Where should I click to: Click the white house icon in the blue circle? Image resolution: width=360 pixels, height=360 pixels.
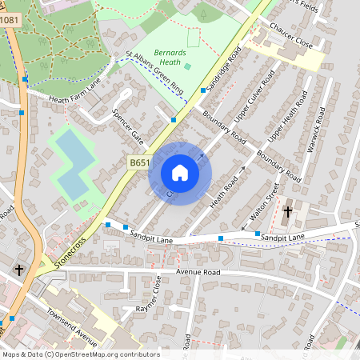(180, 173)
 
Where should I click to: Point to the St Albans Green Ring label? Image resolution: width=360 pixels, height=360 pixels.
(156, 74)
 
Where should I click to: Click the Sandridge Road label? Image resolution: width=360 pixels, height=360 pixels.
(224, 67)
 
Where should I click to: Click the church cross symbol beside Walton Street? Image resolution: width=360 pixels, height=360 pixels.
(287, 212)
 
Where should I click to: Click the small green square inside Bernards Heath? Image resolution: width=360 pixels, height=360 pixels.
(187, 66)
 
